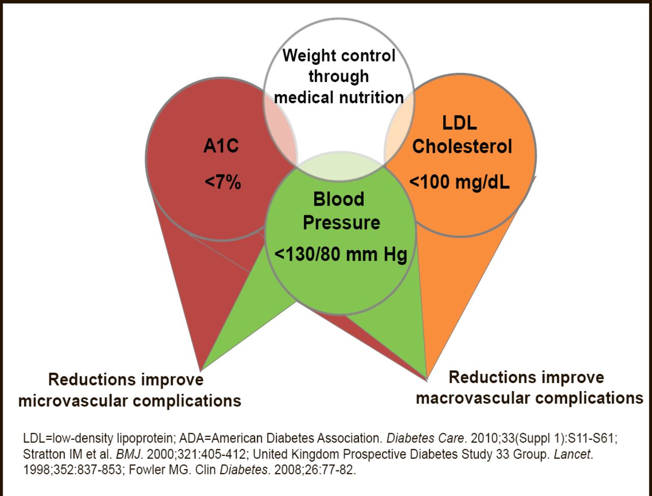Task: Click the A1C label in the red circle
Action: [221, 147]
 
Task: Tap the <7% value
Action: [223, 182]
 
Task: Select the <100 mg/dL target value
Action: [459, 182]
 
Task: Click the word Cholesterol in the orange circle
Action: [462, 147]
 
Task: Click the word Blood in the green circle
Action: [339, 199]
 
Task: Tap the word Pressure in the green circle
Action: [341, 223]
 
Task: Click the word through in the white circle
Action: [338, 76]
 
